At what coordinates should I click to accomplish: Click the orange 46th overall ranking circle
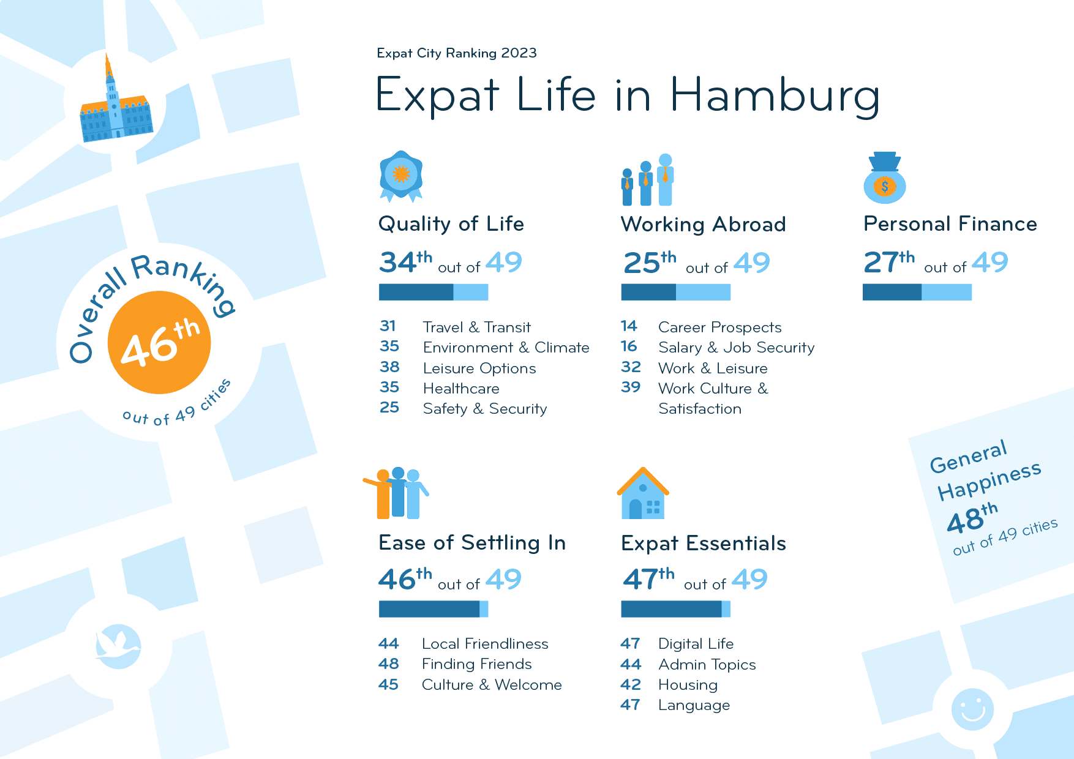(159, 342)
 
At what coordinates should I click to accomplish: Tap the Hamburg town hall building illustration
(115, 110)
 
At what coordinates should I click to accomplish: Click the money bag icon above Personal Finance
(885, 178)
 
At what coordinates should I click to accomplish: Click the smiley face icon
(972, 709)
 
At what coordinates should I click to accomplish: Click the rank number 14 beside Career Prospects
(629, 326)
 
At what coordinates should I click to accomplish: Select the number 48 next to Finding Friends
(389, 664)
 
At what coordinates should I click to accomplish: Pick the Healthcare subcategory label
(461, 389)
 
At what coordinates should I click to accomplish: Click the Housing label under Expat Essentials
(688, 685)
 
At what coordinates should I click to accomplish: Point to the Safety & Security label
(485, 409)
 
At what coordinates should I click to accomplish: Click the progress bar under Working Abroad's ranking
(675, 293)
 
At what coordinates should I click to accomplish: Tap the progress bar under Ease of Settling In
(433, 609)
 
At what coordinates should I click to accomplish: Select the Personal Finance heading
(950, 224)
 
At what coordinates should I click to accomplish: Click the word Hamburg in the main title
(775, 96)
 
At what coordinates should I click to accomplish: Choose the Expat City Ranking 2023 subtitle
(457, 53)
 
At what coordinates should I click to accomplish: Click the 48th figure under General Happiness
(972, 518)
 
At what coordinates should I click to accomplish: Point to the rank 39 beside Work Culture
(631, 387)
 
